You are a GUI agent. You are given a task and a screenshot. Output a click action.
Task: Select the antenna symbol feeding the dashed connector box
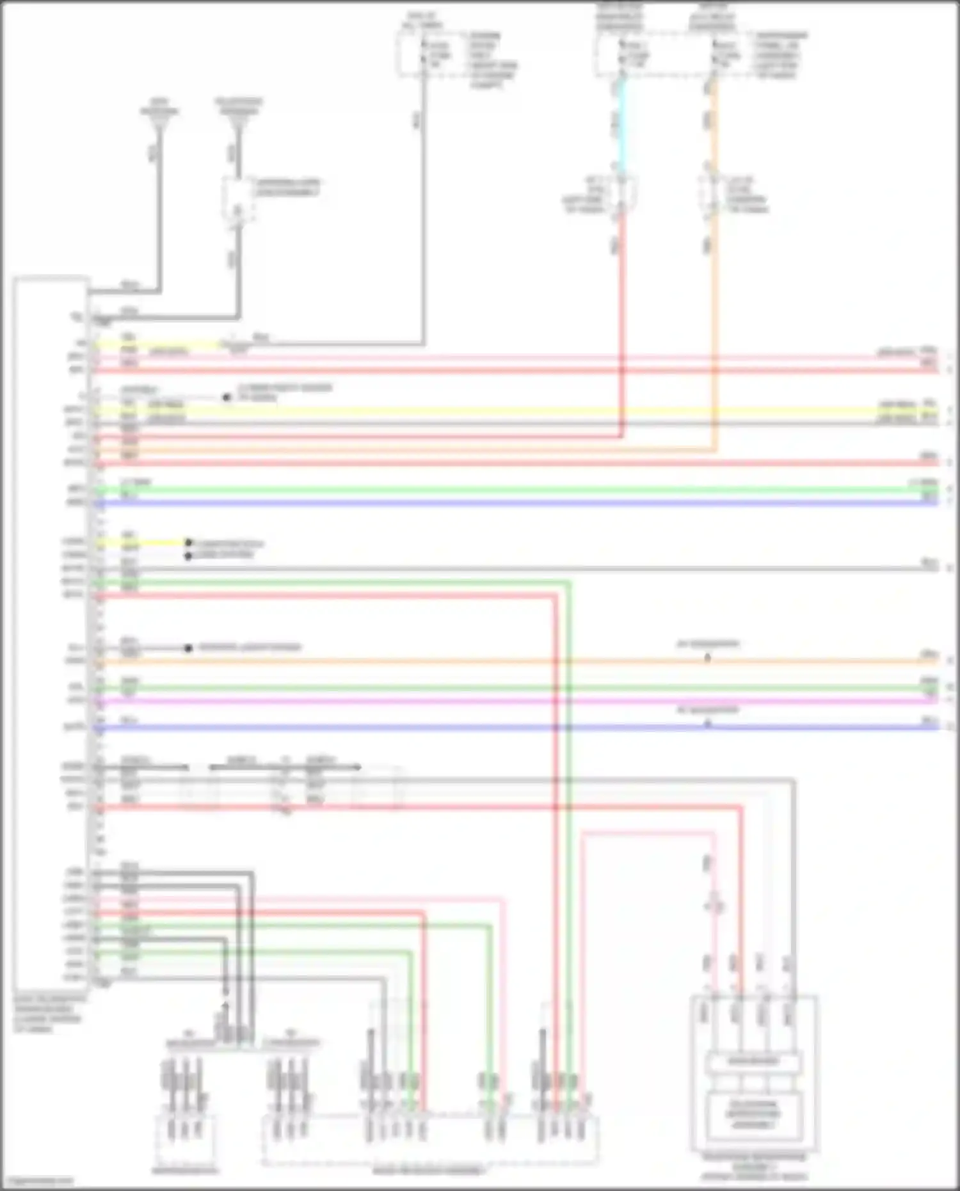tap(238, 125)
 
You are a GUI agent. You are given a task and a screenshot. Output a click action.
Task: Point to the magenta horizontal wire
tap(512, 701)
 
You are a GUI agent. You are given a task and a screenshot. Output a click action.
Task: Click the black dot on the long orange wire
tap(708, 659)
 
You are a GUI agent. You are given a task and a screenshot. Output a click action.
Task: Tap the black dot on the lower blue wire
tap(708, 724)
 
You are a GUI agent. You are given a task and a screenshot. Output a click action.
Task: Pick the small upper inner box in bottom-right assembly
tap(753, 1062)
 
